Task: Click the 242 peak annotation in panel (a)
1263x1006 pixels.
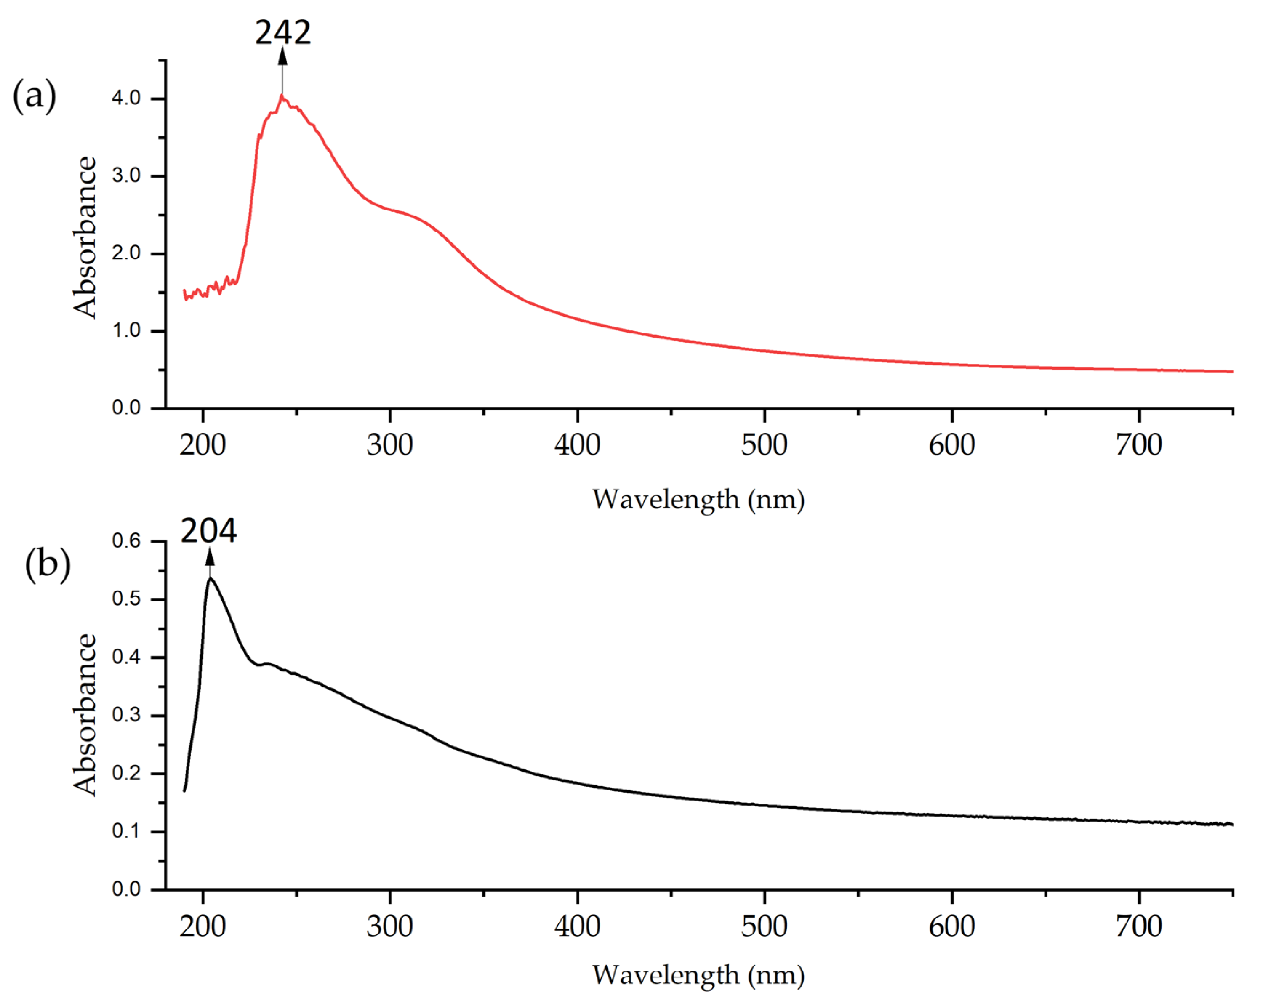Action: pyautogui.click(x=283, y=33)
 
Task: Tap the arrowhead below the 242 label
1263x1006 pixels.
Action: pyautogui.click(x=282, y=56)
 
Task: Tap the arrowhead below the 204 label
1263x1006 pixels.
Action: pyautogui.click(x=210, y=557)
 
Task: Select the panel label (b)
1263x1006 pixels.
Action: pyautogui.click(x=48, y=565)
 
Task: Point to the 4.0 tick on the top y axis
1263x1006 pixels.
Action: pyautogui.click(x=127, y=98)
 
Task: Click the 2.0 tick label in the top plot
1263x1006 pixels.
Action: pyautogui.click(x=127, y=253)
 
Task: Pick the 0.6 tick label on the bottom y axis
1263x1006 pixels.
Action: pyautogui.click(x=127, y=540)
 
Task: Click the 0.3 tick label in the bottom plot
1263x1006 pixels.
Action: pyautogui.click(x=127, y=715)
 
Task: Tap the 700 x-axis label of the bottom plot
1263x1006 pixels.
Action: pyautogui.click(x=1139, y=926)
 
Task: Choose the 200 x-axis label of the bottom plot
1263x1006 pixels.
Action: pyautogui.click(x=203, y=926)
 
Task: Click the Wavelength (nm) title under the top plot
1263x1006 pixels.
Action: pyautogui.click(x=698, y=500)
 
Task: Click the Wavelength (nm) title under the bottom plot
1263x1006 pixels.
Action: pyautogui.click(x=698, y=975)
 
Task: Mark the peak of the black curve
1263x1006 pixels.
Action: pyautogui.click(x=210, y=578)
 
